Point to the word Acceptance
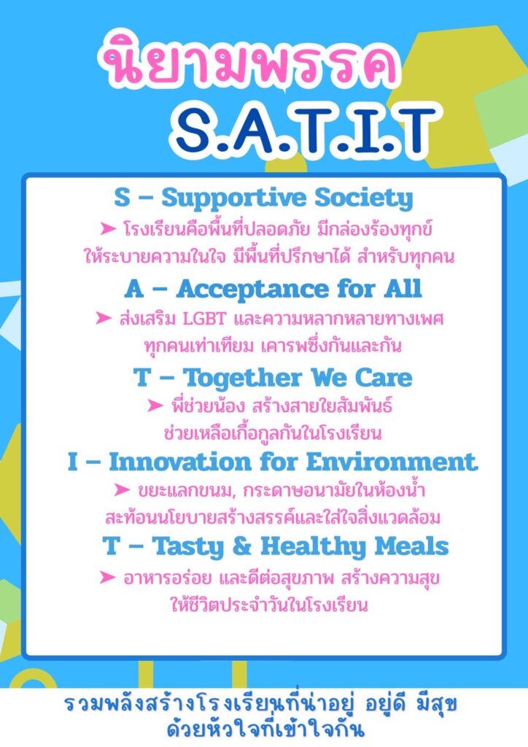click(x=252, y=289)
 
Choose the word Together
click(x=242, y=379)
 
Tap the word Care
click(x=384, y=378)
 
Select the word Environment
click(x=392, y=462)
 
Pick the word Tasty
click(x=187, y=547)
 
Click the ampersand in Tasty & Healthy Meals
click(x=242, y=546)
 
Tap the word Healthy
click(x=313, y=547)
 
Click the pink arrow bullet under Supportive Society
click(x=108, y=229)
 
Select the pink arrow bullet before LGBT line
click(x=104, y=318)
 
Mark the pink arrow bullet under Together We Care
click(x=155, y=406)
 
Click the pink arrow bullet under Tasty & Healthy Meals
click(x=108, y=578)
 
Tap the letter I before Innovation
click(x=72, y=462)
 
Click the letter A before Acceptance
click(x=134, y=289)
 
